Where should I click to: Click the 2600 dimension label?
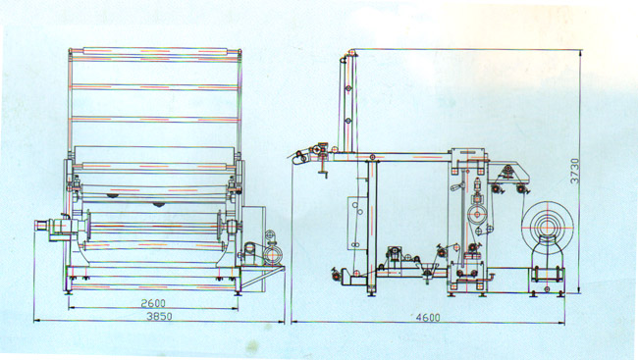153,303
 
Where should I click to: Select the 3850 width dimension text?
159,316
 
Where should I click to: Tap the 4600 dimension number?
428,317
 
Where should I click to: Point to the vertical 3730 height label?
574,171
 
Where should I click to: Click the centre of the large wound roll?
549,225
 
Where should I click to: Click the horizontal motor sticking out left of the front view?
50,226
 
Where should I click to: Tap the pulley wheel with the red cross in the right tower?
477,214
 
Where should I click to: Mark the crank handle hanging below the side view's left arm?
323,168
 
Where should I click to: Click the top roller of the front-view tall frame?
155,51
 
